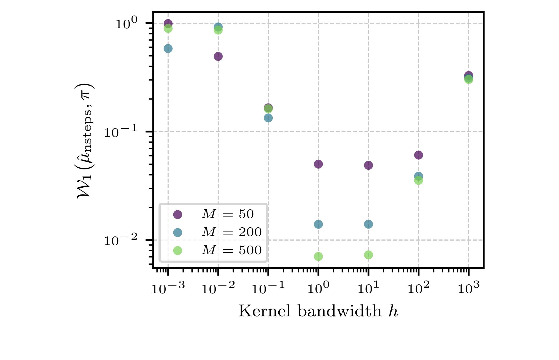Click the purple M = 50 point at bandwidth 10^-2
tap(218, 56)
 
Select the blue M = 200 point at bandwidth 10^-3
tap(168, 49)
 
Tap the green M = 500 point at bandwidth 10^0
tap(318, 256)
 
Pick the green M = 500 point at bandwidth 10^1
tap(368, 255)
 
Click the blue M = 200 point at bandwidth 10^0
tap(318, 224)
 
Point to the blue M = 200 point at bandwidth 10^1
tap(368, 224)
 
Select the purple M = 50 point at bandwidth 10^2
tap(418, 155)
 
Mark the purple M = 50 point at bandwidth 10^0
tap(318, 164)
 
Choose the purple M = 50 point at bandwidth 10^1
tap(368, 165)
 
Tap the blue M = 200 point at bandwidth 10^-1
tap(268, 118)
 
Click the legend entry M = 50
tap(227, 214)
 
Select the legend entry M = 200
tap(232, 232)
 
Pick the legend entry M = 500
tap(232, 250)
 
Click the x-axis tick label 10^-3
tap(168, 288)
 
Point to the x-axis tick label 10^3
tap(468, 288)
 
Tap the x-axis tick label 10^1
tap(368, 288)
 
